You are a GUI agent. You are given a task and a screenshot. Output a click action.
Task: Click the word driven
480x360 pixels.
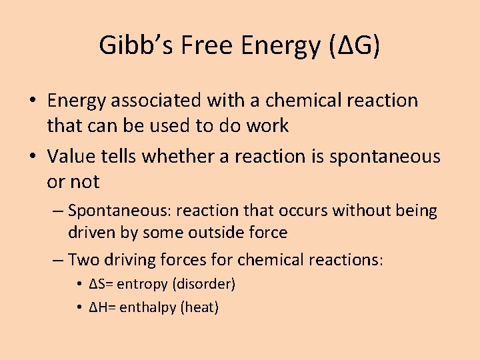point(88,233)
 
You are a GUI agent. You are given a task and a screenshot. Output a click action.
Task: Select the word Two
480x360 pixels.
point(82,259)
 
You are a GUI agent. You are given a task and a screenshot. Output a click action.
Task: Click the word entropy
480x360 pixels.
point(143,284)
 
